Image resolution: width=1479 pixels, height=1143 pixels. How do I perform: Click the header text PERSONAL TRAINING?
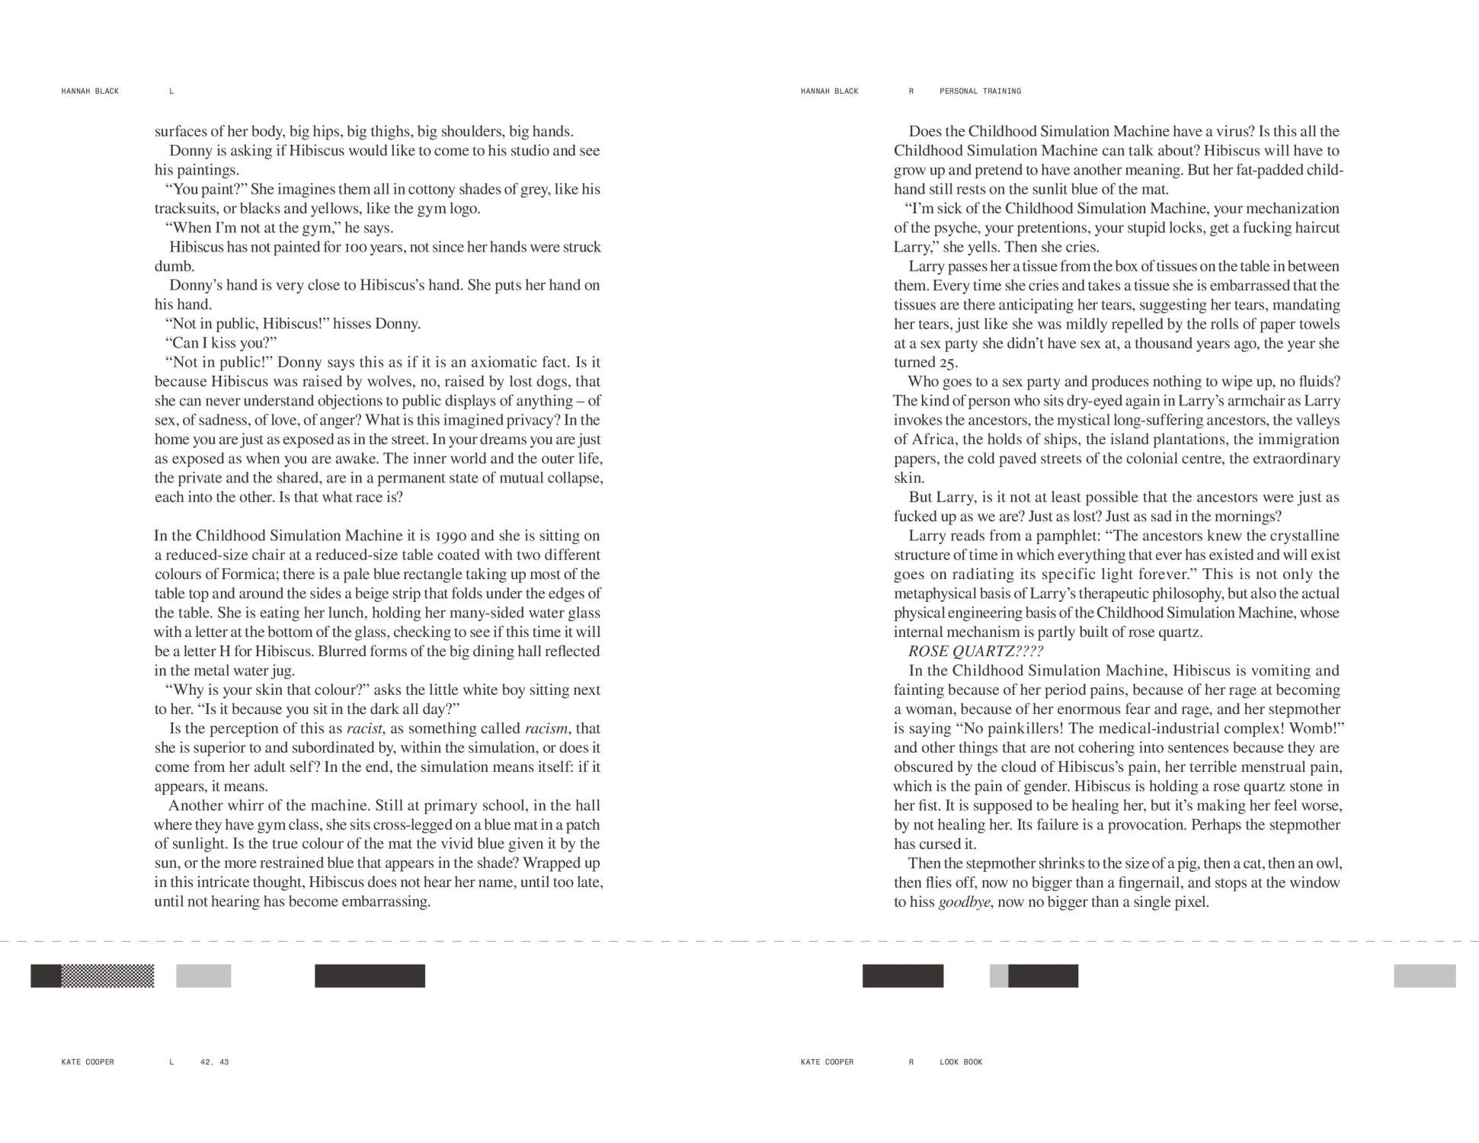(980, 91)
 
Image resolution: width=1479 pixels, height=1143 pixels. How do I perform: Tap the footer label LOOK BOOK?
(961, 1062)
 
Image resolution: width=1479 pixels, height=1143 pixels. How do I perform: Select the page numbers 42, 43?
(214, 1062)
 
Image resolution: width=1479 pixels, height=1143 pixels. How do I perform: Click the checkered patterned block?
(107, 976)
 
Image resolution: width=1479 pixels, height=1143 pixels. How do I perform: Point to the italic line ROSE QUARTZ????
(975, 652)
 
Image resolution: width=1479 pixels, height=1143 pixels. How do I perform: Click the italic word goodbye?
(965, 902)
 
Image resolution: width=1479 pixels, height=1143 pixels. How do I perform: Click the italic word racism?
(546, 728)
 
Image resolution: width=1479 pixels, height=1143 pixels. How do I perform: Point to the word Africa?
(933, 440)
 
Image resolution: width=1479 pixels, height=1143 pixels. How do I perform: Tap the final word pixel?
(1189, 902)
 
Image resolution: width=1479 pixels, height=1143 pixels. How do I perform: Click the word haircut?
(1312, 228)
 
